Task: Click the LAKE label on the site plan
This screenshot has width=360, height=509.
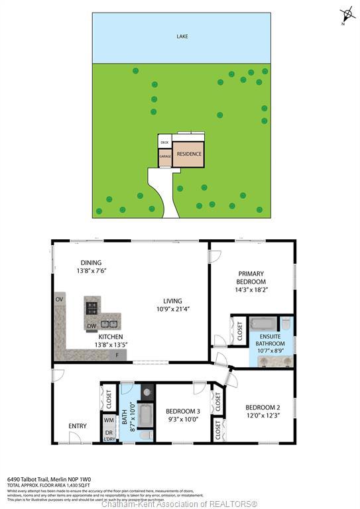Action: [x=181, y=36]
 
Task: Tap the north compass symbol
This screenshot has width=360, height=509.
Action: [x=345, y=15]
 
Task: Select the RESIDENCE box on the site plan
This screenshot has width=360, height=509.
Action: [x=188, y=154]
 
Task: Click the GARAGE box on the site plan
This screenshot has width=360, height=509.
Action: [x=164, y=157]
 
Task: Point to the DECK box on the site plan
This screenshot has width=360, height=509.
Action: [x=165, y=142]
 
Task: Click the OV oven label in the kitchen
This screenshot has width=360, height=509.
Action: [x=60, y=300]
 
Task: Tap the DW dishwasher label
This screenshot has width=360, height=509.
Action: [x=91, y=325]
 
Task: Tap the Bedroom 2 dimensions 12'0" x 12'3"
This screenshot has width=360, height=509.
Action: [x=259, y=416]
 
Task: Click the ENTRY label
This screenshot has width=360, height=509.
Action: [x=78, y=426]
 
